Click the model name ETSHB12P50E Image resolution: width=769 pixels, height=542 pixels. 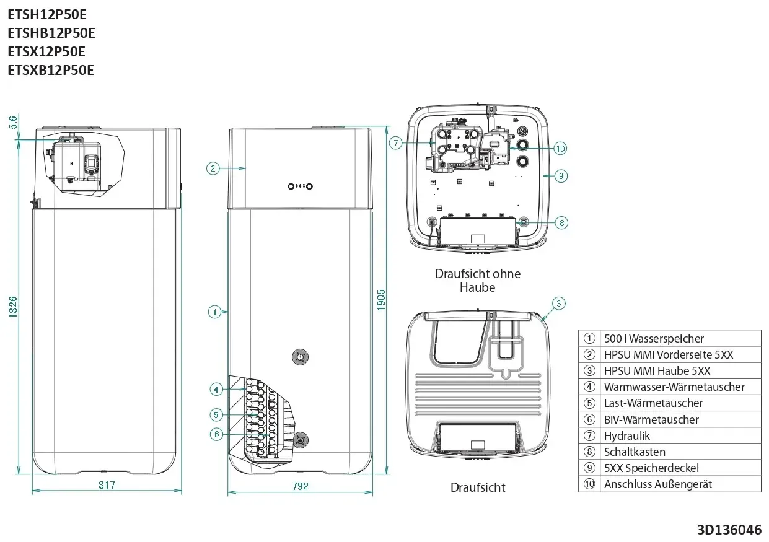[x=51, y=33]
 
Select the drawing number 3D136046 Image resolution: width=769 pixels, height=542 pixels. [x=729, y=530]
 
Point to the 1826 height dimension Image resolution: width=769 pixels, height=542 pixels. [x=12, y=307]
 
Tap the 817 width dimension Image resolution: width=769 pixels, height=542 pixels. [x=107, y=484]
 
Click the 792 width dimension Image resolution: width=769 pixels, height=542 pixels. [x=301, y=486]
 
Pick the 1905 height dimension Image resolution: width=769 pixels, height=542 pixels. [x=381, y=300]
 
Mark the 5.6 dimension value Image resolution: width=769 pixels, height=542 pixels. [x=12, y=122]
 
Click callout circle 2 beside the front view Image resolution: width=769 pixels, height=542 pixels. [x=213, y=168]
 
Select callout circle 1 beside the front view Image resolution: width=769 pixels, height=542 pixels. [x=215, y=312]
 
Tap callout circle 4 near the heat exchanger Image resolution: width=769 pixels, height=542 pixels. [x=216, y=389]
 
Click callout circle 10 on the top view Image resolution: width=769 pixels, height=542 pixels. [x=560, y=148]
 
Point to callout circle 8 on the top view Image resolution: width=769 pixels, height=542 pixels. [x=561, y=223]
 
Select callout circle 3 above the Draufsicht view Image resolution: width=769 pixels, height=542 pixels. [x=559, y=304]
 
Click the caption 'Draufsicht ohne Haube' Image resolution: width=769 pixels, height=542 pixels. [x=478, y=281]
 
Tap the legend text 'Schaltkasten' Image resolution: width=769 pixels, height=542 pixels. [x=635, y=452]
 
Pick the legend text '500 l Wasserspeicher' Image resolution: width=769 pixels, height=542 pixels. [x=654, y=338]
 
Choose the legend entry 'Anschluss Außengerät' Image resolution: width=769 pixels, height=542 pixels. [x=657, y=484]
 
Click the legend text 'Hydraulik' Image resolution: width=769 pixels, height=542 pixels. [x=627, y=435]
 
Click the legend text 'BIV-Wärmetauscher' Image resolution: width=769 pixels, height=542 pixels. [x=651, y=419]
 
